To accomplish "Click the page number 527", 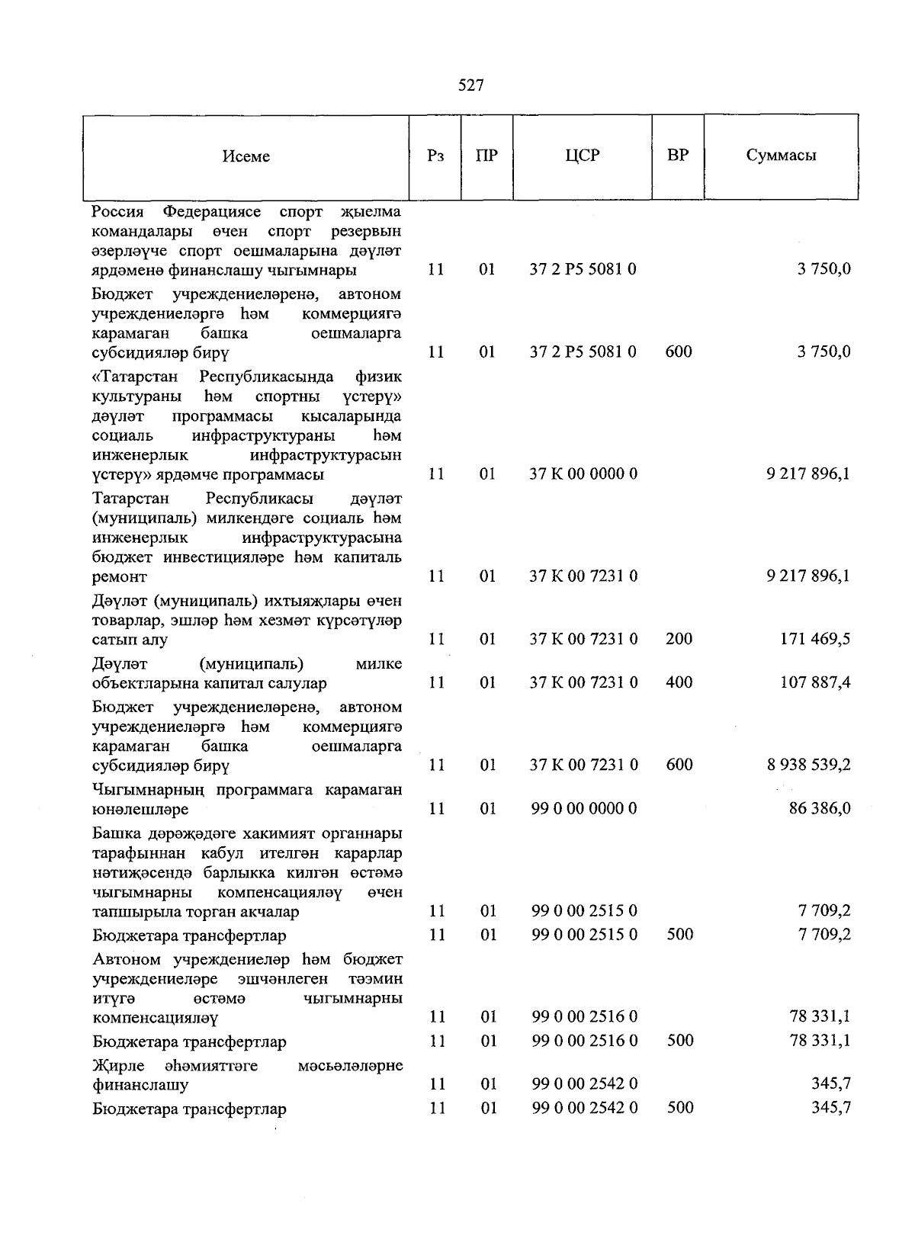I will [x=470, y=85].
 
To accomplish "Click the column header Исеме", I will [x=246, y=156].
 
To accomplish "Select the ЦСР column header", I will [x=583, y=156].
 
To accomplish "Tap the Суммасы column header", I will [x=781, y=156].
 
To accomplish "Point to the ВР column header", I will [x=677, y=156].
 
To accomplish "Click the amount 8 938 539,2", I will [x=808, y=765].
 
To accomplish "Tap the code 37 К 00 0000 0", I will [x=583, y=474].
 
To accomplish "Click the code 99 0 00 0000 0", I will [x=583, y=808].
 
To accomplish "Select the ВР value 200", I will [x=679, y=639].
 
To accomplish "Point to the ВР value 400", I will [x=679, y=682].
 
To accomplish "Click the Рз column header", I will [x=435, y=156].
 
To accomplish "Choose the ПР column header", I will [x=486, y=156].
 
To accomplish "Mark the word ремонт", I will [x=119, y=577].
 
